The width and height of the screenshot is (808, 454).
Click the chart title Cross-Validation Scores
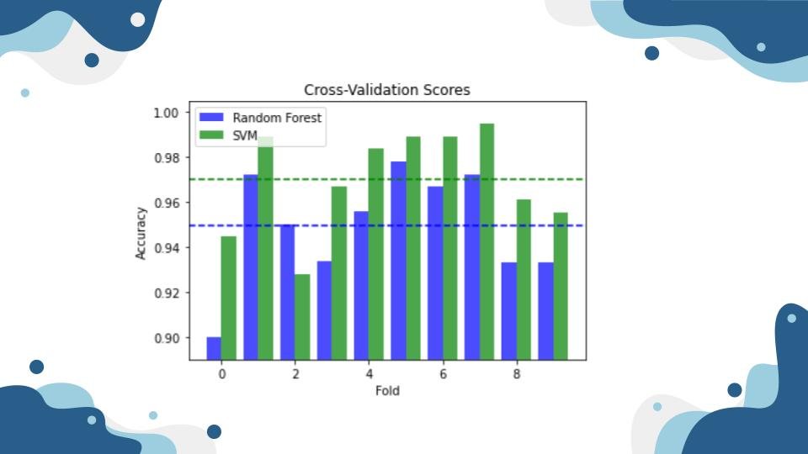coord(386,89)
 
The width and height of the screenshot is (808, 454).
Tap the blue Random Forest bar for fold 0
coord(214,348)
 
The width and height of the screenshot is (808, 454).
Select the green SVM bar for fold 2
coord(302,317)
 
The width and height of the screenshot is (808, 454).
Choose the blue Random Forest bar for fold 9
coord(545,311)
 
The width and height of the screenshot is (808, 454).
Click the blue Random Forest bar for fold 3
coord(324,310)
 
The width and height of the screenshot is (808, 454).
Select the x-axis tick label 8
coord(517,374)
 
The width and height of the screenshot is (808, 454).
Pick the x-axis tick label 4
coord(369,374)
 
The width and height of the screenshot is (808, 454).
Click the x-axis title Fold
coord(387,391)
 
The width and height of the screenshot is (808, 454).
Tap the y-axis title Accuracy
coord(141,234)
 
